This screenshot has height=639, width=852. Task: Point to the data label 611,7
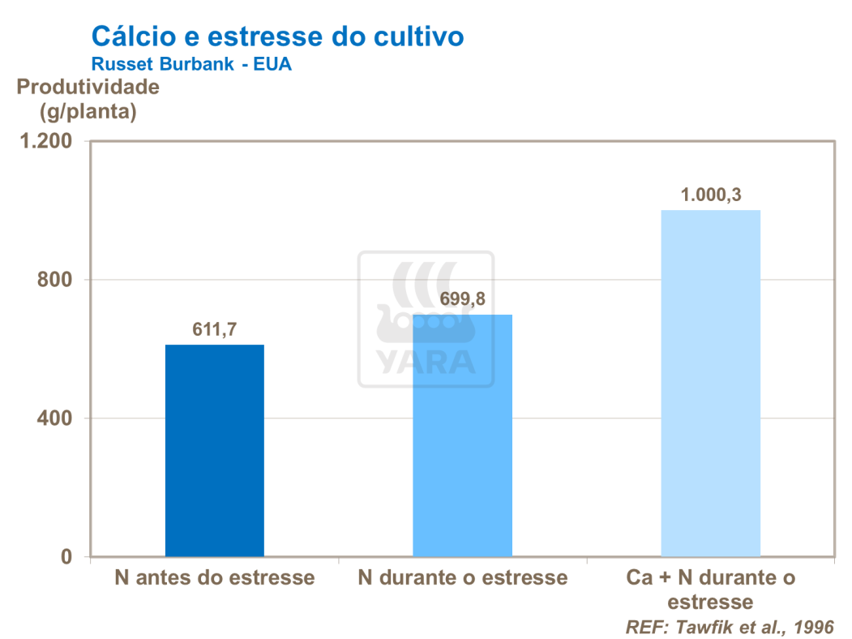[x=215, y=329]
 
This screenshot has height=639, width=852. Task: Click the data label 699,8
[x=463, y=299]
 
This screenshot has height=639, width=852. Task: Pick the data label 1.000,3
[x=711, y=195]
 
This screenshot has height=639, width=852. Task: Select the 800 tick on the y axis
[x=57, y=280]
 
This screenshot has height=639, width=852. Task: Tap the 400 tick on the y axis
[x=57, y=418]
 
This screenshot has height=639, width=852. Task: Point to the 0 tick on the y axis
[x=68, y=557]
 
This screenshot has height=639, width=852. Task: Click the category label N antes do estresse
[x=215, y=578]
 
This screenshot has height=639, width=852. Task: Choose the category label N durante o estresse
[x=463, y=578]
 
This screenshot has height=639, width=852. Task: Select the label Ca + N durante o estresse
[x=711, y=590]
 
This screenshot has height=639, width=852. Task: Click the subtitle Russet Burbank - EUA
[x=191, y=65]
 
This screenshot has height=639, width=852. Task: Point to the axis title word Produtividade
[x=88, y=87]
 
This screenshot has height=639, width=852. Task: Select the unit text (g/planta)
[x=88, y=112]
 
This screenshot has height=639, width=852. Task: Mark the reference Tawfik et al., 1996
[x=729, y=627]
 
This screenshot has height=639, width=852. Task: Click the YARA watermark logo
[x=426, y=319]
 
